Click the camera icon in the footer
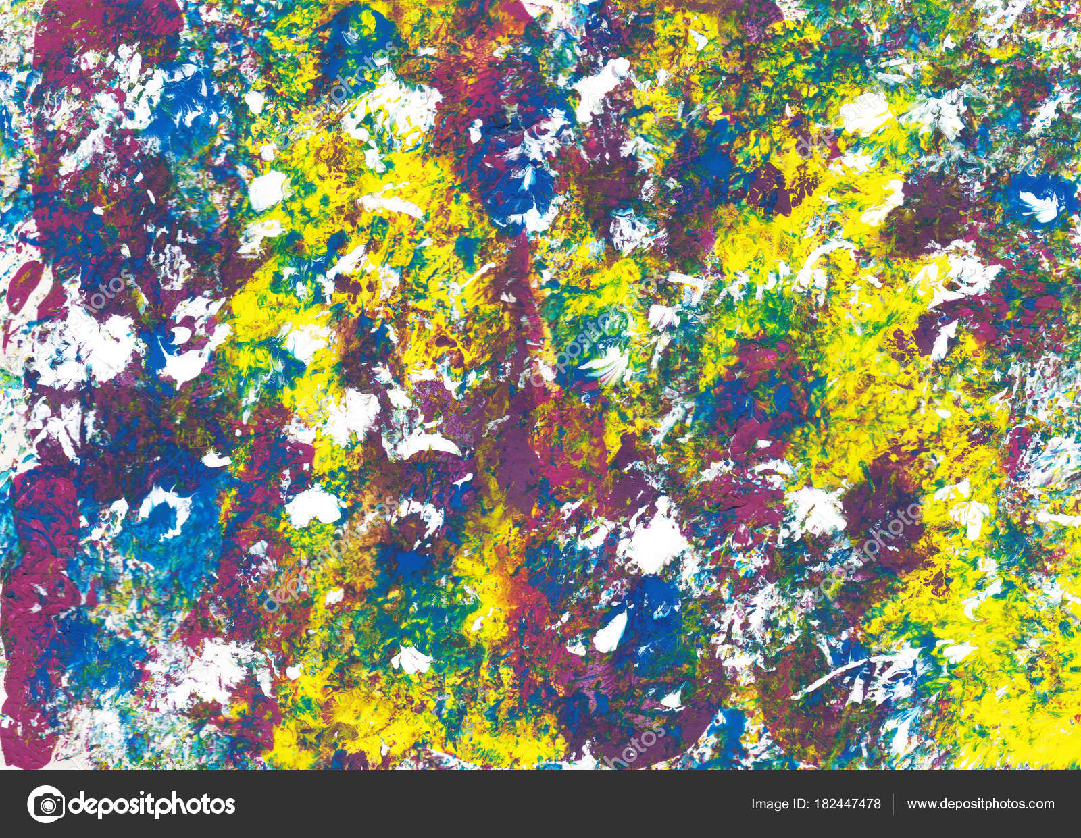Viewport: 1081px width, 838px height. pyautogui.click(x=46, y=804)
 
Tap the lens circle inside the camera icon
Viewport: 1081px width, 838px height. pyautogui.click(x=46, y=804)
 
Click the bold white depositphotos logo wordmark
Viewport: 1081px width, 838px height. pyautogui.click(x=152, y=804)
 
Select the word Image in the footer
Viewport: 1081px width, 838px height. pyautogui.click(x=770, y=804)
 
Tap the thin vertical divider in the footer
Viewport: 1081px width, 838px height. pyautogui.click(x=894, y=804)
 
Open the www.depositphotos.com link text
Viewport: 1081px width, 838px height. pyautogui.click(x=980, y=804)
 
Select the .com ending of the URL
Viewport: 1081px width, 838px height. pyautogui.click(x=1040, y=804)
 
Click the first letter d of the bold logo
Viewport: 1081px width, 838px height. pyautogui.click(x=76, y=804)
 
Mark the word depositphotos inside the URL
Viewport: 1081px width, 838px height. pyautogui.click(x=980, y=804)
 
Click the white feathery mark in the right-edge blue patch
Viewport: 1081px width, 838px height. pyautogui.click(x=1037, y=203)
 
